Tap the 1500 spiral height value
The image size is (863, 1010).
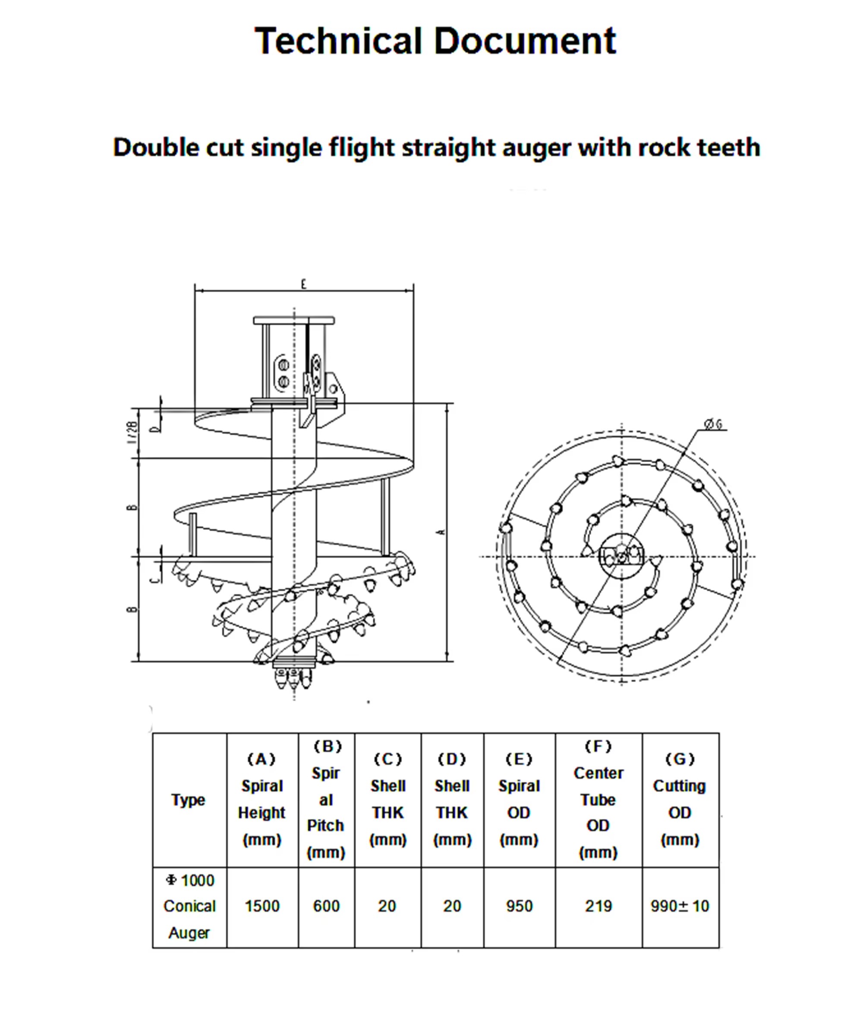click(x=262, y=906)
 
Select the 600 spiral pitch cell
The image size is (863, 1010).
click(x=326, y=906)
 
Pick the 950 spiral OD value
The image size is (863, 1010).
click(x=519, y=906)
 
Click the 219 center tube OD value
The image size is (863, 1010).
click(x=598, y=906)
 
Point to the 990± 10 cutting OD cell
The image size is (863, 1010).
click(x=680, y=906)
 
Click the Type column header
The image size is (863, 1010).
click(x=188, y=799)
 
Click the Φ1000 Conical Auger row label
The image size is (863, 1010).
click(x=189, y=906)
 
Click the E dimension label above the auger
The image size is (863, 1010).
click(x=304, y=284)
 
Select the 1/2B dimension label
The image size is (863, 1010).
click(x=132, y=432)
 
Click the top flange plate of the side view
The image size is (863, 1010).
click(x=293, y=320)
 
